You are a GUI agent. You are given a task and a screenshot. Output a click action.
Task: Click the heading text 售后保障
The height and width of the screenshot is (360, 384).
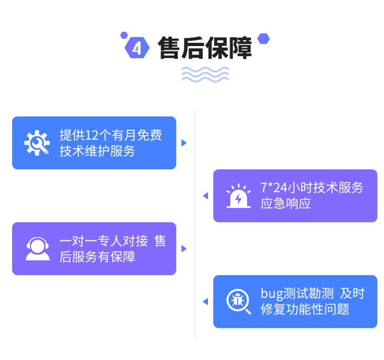[205, 48]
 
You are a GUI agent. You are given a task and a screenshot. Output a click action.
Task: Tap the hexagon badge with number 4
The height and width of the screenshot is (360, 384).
[137, 48]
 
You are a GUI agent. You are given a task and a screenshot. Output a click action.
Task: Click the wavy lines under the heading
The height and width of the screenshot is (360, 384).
[205, 74]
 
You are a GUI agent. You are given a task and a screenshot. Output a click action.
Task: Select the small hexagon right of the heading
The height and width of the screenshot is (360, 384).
[263, 39]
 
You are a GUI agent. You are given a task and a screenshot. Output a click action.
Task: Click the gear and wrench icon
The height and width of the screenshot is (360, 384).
[37, 143]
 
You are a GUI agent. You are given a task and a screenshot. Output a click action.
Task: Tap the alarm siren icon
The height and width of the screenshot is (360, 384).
[239, 196]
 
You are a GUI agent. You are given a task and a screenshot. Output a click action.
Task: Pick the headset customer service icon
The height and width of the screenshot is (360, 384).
[38, 249]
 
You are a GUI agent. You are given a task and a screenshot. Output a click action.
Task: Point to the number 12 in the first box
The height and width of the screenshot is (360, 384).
[91, 135]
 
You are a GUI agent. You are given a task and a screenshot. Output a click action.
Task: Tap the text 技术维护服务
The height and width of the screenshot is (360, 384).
[97, 151]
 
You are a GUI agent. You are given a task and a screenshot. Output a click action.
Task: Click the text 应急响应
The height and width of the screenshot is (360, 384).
[285, 204]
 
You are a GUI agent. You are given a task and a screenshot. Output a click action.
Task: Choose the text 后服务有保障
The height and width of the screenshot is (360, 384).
[97, 257]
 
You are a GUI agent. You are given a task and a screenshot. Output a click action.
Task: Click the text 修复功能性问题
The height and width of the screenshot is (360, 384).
[305, 309]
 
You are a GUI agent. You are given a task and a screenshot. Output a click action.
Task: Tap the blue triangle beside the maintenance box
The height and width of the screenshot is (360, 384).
[184, 143]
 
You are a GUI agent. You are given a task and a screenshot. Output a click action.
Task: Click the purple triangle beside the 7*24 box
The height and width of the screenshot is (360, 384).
[206, 196]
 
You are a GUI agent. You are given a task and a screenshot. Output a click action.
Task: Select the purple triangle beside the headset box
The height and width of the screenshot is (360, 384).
[184, 249]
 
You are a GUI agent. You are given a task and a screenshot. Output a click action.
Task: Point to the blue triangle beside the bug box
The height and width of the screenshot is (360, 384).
[206, 302]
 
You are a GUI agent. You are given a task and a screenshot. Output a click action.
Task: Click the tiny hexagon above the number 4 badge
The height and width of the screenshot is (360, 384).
[124, 35]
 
